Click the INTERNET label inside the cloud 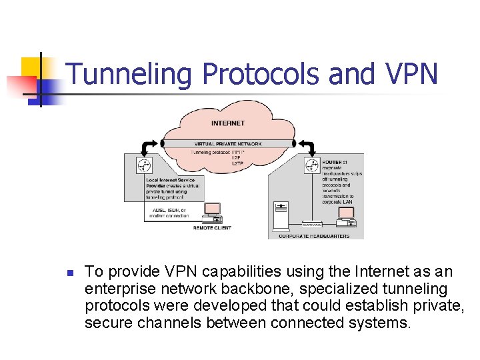[228, 123]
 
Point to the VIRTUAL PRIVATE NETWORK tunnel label [228, 144]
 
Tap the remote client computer [212, 213]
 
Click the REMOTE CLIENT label [212, 228]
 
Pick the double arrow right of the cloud [304, 144]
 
